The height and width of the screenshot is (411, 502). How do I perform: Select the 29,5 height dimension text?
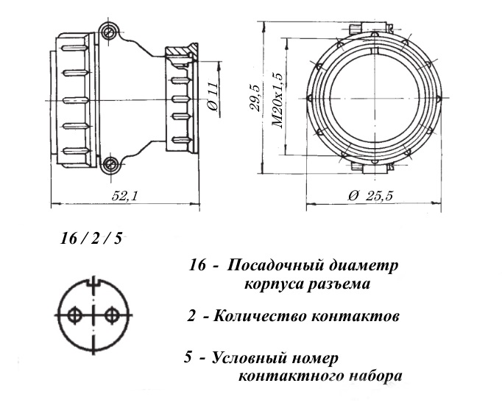pos(255,96)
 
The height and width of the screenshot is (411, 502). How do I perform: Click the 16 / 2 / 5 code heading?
pos(91,239)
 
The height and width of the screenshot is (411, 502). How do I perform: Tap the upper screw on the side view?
pos(110,32)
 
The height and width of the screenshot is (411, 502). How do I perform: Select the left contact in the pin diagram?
pos(74,316)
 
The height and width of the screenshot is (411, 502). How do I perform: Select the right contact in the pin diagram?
pos(111,316)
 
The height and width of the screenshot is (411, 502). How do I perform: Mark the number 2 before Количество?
pos(191,317)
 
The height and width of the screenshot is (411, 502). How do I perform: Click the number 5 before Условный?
pos(190,359)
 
